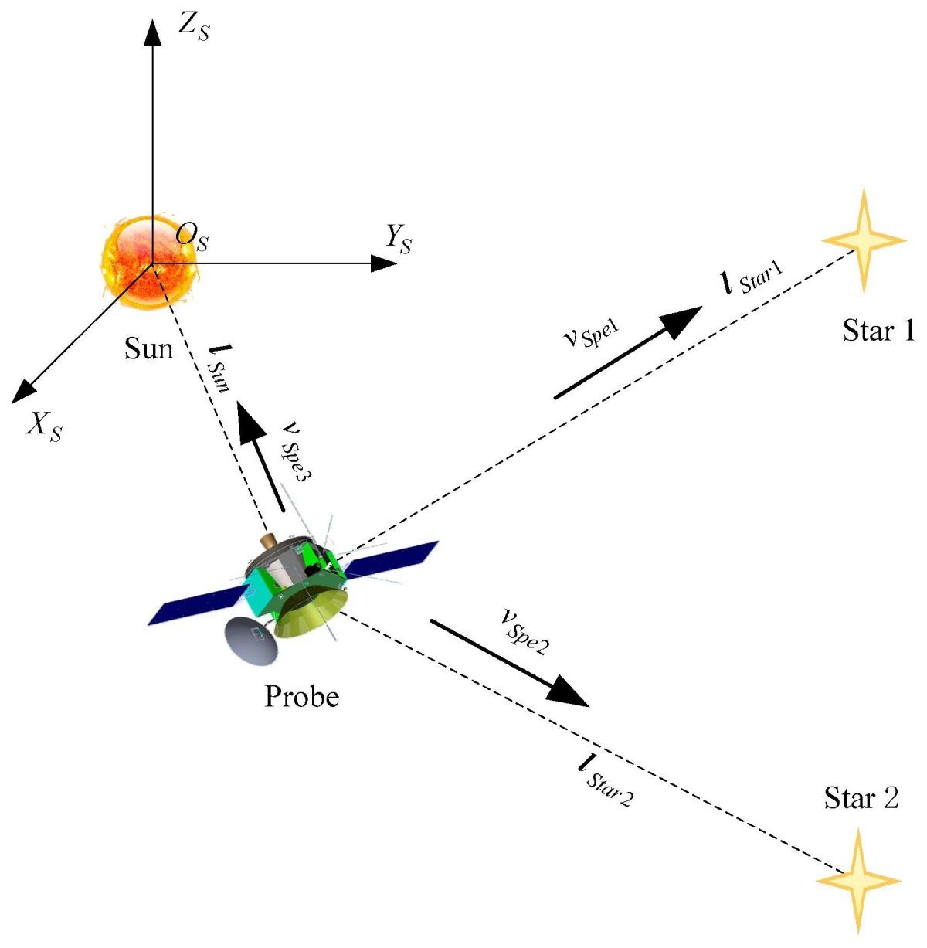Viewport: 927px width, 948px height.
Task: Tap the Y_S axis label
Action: coord(399,240)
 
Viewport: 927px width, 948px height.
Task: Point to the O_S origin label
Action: coord(192,236)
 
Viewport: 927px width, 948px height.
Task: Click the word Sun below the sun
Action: coord(148,348)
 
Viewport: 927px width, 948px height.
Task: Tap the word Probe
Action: coord(301,697)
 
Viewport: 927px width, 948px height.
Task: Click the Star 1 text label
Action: coord(878,331)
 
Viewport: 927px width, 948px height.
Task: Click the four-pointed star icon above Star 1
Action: coord(864,240)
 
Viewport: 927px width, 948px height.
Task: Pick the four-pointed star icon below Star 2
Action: coord(858,882)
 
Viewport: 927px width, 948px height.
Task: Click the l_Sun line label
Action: coord(217,369)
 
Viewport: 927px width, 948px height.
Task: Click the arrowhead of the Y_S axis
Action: coord(384,263)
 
